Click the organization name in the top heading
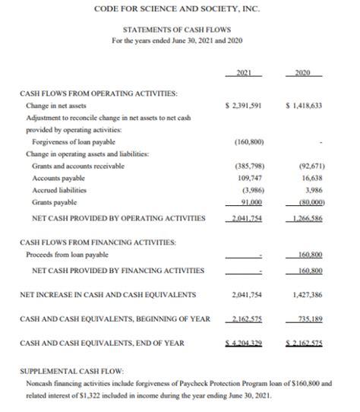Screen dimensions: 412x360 (x=179, y=8)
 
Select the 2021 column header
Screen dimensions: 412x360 (x=244, y=74)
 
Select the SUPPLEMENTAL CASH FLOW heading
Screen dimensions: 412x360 (x=72, y=373)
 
